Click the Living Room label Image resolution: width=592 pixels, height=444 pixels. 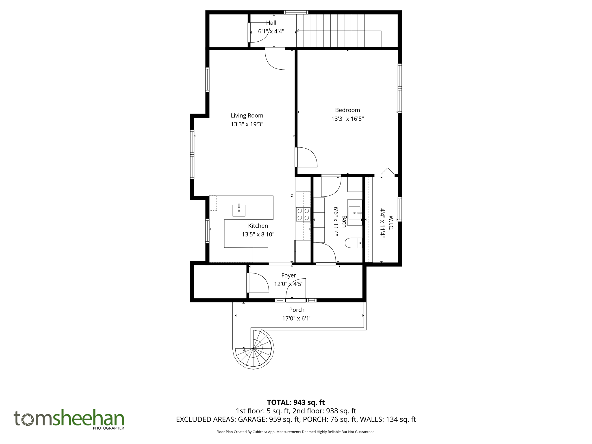point(247,116)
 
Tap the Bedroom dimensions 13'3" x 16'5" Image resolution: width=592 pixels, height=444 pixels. point(347,119)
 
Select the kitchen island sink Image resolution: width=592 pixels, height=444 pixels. point(239,210)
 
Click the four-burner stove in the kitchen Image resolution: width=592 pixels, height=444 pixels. point(303,214)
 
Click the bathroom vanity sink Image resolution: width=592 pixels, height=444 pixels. point(355,213)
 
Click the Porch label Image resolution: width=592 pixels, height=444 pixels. point(297,310)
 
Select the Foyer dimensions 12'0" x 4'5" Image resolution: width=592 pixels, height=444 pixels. point(288,284)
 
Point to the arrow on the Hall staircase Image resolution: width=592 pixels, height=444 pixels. point(298,31)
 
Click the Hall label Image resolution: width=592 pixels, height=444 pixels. point(271,23)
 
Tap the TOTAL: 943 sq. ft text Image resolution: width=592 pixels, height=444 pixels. point(296,402)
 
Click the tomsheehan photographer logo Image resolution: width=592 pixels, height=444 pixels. point(69,419)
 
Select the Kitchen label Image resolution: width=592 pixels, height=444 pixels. point(258,226)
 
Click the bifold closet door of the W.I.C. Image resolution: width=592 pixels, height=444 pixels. point(387,172)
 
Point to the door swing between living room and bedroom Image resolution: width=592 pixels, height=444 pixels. point(306,158)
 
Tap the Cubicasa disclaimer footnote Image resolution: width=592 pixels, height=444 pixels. point(296,432)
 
